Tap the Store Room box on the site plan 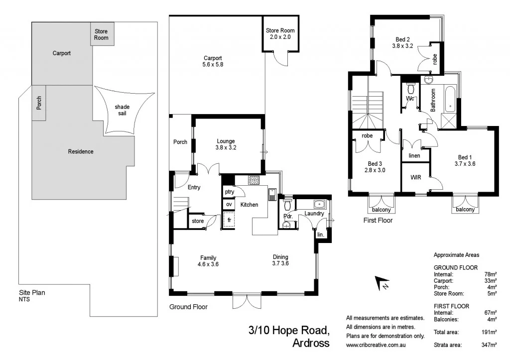[x=101, y=34]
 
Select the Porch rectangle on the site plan [x=39, y=103]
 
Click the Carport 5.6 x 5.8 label [x=212, y=61]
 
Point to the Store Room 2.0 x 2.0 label [x=280, y=34]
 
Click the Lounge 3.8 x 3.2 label [x=226, y=144]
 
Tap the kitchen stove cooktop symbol [x=254, y=180]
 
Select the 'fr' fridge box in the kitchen [x=229, y=219]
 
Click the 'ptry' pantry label [x=229, y=192]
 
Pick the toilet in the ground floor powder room [x=287, y=206]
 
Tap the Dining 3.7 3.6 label [x=280, y=260]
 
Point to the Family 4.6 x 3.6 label [x=208, y=261]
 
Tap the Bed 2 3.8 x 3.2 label [x=402, y=42]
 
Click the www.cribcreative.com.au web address [x=380, y=345]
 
